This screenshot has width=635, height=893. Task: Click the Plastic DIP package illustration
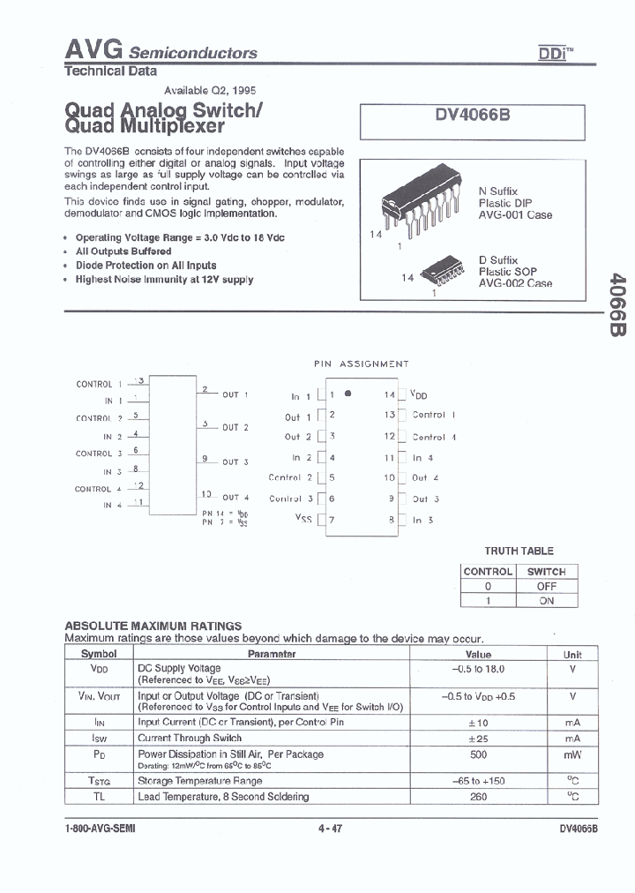[x=419, y=199]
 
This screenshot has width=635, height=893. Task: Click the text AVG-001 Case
[x=515, y=215]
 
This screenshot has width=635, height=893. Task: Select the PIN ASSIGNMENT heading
[x=361, y=364]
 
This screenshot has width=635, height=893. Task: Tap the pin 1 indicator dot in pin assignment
[x=348, y=394]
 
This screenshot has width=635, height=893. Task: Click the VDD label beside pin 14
[x=418, y=395]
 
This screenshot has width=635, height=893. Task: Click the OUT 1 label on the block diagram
[x=235, y=394]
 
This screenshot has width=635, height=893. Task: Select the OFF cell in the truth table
[x=546, y=586]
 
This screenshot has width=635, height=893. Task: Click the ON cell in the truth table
[x=546, y=601]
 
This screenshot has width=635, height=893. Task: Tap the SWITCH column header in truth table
[x=546, y=571]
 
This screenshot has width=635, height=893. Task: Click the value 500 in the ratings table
[x=478, y=754]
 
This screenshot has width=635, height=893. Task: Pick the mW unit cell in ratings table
[x=572, y=754]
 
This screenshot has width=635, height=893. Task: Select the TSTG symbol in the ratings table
[x=98, y=781]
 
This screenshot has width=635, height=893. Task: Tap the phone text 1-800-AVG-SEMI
[x=101, y=829]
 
